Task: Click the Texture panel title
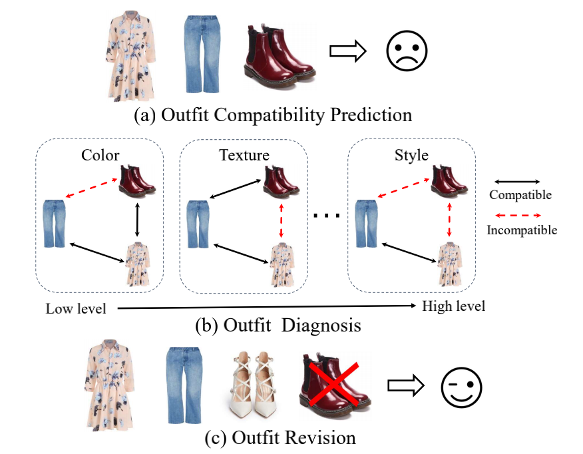pos(244,156)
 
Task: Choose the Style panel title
pos(411,156)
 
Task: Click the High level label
pos(453,306)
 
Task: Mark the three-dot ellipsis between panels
pos(327,215)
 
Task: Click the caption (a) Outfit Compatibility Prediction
pos(273,114)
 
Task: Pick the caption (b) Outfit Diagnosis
pos(278,326)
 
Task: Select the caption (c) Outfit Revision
pos(280,438)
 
